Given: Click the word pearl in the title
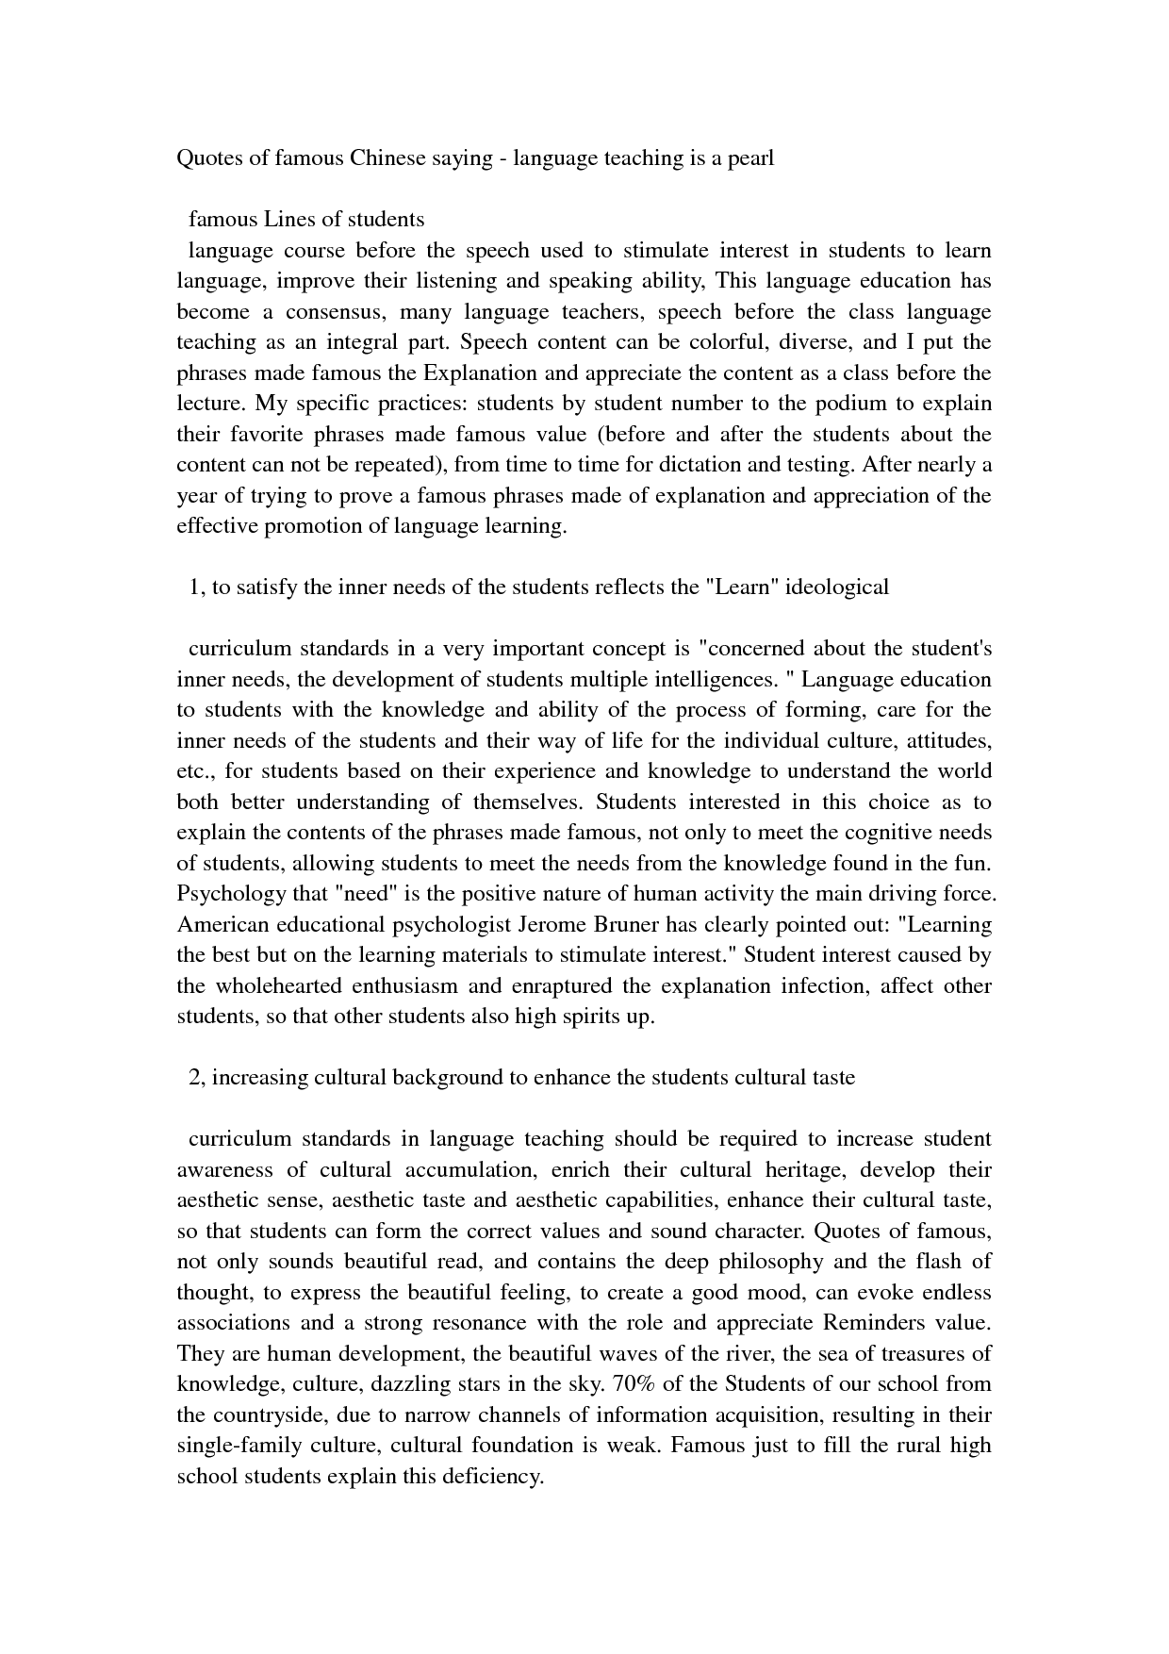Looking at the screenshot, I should point(749,158).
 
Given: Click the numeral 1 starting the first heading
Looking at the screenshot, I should point(194,587).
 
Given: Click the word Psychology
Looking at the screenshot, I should point(218,894).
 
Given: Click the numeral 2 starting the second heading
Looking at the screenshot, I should point(194,1078).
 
